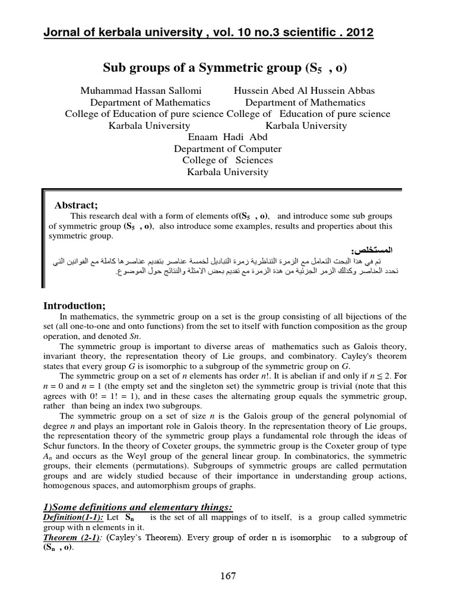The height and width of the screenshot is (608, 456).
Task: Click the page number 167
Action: tap(227, 576)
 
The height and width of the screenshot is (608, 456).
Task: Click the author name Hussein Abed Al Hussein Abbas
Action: tap(304, 90)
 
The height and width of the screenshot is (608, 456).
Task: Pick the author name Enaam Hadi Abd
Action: tap(227, 137)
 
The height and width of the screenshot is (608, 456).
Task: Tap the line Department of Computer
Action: tap(227, 149)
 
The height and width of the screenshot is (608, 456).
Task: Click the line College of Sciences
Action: tap(227, 160)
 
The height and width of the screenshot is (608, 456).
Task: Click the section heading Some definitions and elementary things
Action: tap(138, 506)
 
